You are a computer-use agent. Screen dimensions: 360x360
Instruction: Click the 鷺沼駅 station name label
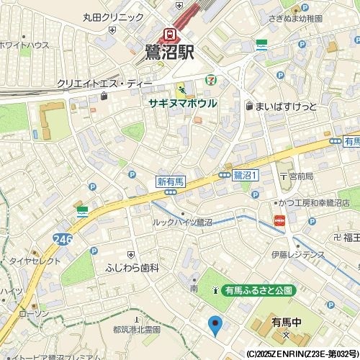pos(170,52)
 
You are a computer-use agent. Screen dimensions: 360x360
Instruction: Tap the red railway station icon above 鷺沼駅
pos(170,33)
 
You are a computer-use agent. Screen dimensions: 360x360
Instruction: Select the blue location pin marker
pos(215,325)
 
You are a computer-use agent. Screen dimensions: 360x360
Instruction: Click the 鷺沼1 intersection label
pos(245,175)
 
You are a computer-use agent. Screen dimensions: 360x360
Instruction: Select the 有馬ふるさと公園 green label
pos(258,290)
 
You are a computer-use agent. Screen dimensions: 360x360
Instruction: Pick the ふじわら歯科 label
pos(132,267)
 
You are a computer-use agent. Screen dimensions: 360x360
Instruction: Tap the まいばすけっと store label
pos(286,106)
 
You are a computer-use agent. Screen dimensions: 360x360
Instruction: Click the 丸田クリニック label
pos(113,17)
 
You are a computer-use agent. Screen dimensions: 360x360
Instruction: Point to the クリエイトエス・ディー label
pos(104,84)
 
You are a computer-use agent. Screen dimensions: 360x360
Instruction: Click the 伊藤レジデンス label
pos(298,254)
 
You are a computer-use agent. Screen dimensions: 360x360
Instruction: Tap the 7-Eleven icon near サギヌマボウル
pos(210,79)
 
